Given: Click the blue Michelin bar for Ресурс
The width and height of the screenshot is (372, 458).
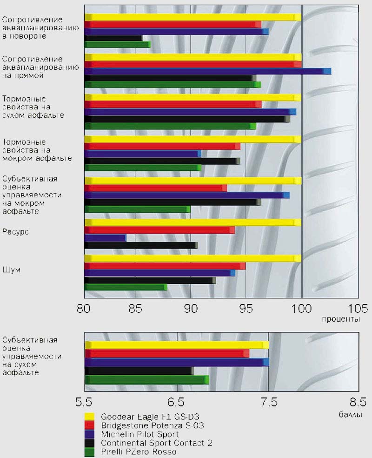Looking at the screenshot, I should click(x=105, y=238).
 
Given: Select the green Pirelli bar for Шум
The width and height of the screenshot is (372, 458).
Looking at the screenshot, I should click(x=126, y=287).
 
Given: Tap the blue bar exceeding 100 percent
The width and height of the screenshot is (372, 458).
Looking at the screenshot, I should click(x=207, y=71).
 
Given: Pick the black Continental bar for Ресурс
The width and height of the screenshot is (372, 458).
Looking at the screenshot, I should click(x=141, y=245).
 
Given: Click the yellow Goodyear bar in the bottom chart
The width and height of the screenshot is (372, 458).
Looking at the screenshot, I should click(x=177, y=345).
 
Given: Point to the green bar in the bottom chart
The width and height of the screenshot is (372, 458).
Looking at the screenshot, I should click(x=146, y=380).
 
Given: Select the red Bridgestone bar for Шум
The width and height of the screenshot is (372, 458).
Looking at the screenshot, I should click(x=165, y=266).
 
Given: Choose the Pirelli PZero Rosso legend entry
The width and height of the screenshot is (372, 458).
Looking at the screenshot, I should click(x=139, y=451).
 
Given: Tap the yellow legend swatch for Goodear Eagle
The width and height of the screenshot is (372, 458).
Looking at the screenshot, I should click(x=90, y=417).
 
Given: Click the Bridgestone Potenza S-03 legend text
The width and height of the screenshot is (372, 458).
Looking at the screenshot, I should click(x=152, y=425).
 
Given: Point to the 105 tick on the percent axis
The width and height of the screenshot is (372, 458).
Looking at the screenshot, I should click(x=358, y=309).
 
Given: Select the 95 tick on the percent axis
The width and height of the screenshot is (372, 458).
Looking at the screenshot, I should click(x=246, y=309).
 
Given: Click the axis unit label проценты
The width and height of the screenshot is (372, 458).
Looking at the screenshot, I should click(x=340, y=320).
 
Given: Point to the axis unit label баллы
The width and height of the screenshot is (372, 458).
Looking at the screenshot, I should click(x=348, y=413).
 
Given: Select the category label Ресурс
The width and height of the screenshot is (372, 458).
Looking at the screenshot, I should click(x=16, y=231).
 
